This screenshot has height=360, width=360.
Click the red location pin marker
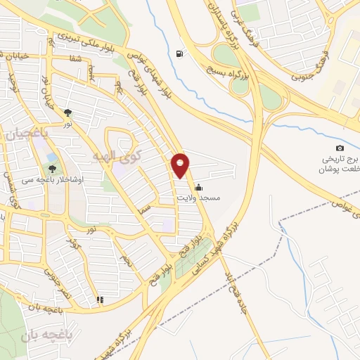181,165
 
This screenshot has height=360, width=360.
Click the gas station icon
181,53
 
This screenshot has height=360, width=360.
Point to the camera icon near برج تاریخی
340,148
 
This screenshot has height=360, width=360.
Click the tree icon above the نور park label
68,112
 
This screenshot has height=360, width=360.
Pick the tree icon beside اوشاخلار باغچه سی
52,169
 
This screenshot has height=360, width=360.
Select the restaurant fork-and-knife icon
100,300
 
